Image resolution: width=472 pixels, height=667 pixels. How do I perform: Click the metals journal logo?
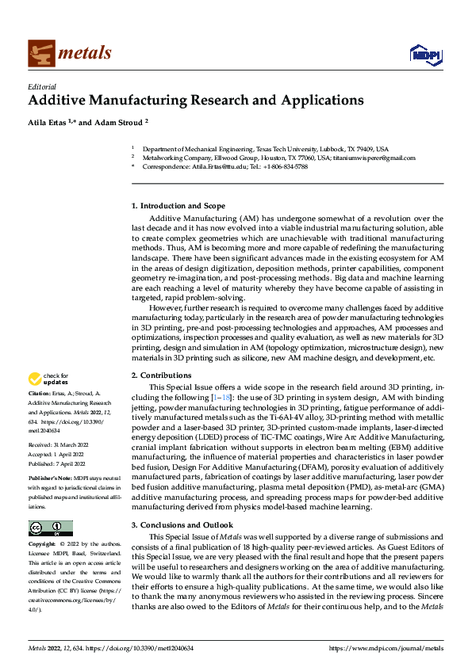(70, 53)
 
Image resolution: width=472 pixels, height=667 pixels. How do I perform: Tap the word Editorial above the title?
(42, 87)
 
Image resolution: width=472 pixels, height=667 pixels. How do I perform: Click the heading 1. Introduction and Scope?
(183, 205)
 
